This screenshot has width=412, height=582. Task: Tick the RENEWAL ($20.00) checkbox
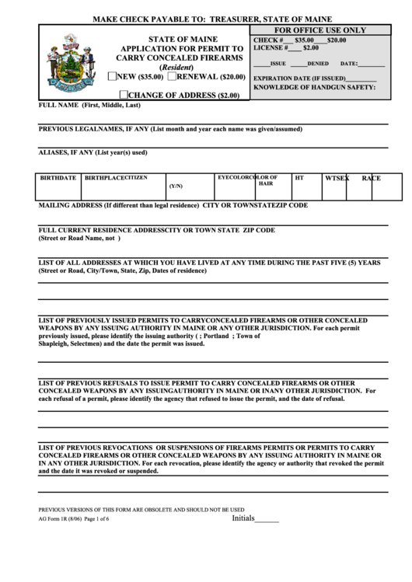pyautogui.click(x=172, y=76)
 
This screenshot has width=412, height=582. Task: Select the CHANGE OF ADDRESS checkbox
pyautogui.click(x=123, y=94)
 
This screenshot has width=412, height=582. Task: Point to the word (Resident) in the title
pyautogui.click(x=181, y=68)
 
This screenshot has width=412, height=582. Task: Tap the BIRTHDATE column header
pyautogui.click(x=58, y=178)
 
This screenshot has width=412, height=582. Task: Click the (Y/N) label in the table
pyautogui.click(x=176, y=186)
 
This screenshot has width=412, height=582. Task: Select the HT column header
pyautogui.click(x=299, y=178)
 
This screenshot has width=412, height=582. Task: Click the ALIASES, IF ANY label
pyautogui.click(x=93, y=153)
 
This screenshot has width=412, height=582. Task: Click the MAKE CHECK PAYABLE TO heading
pyautogui.click(x=213, y=19)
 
